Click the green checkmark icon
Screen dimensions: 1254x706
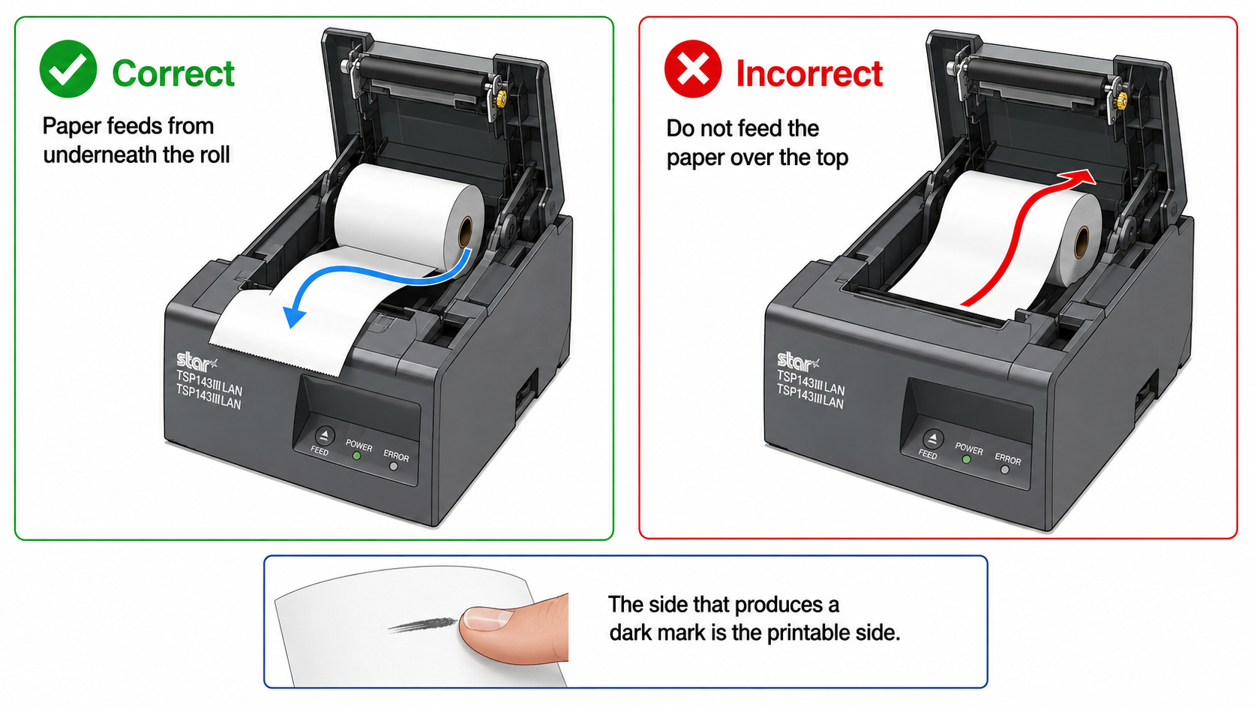[x=68, y=69]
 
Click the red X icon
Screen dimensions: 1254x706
[x=693, y=69]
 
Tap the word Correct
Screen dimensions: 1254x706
[x=173, y=74]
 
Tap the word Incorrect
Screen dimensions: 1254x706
[x=809, y=74]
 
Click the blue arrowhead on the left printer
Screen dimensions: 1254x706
[x=294, y=317]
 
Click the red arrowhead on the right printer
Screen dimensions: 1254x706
[x=1083, y=178]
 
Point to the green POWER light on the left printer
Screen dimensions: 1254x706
[x=356, y=456]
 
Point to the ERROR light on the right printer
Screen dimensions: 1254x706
[x=1005, y=470]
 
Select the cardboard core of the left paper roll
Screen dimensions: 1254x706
[x=465, y=231]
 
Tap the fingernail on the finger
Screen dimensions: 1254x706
[x=487, y=618]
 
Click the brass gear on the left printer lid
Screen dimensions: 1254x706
[x=501, y=98]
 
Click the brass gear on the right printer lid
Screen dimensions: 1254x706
[x=1121, y=101]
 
